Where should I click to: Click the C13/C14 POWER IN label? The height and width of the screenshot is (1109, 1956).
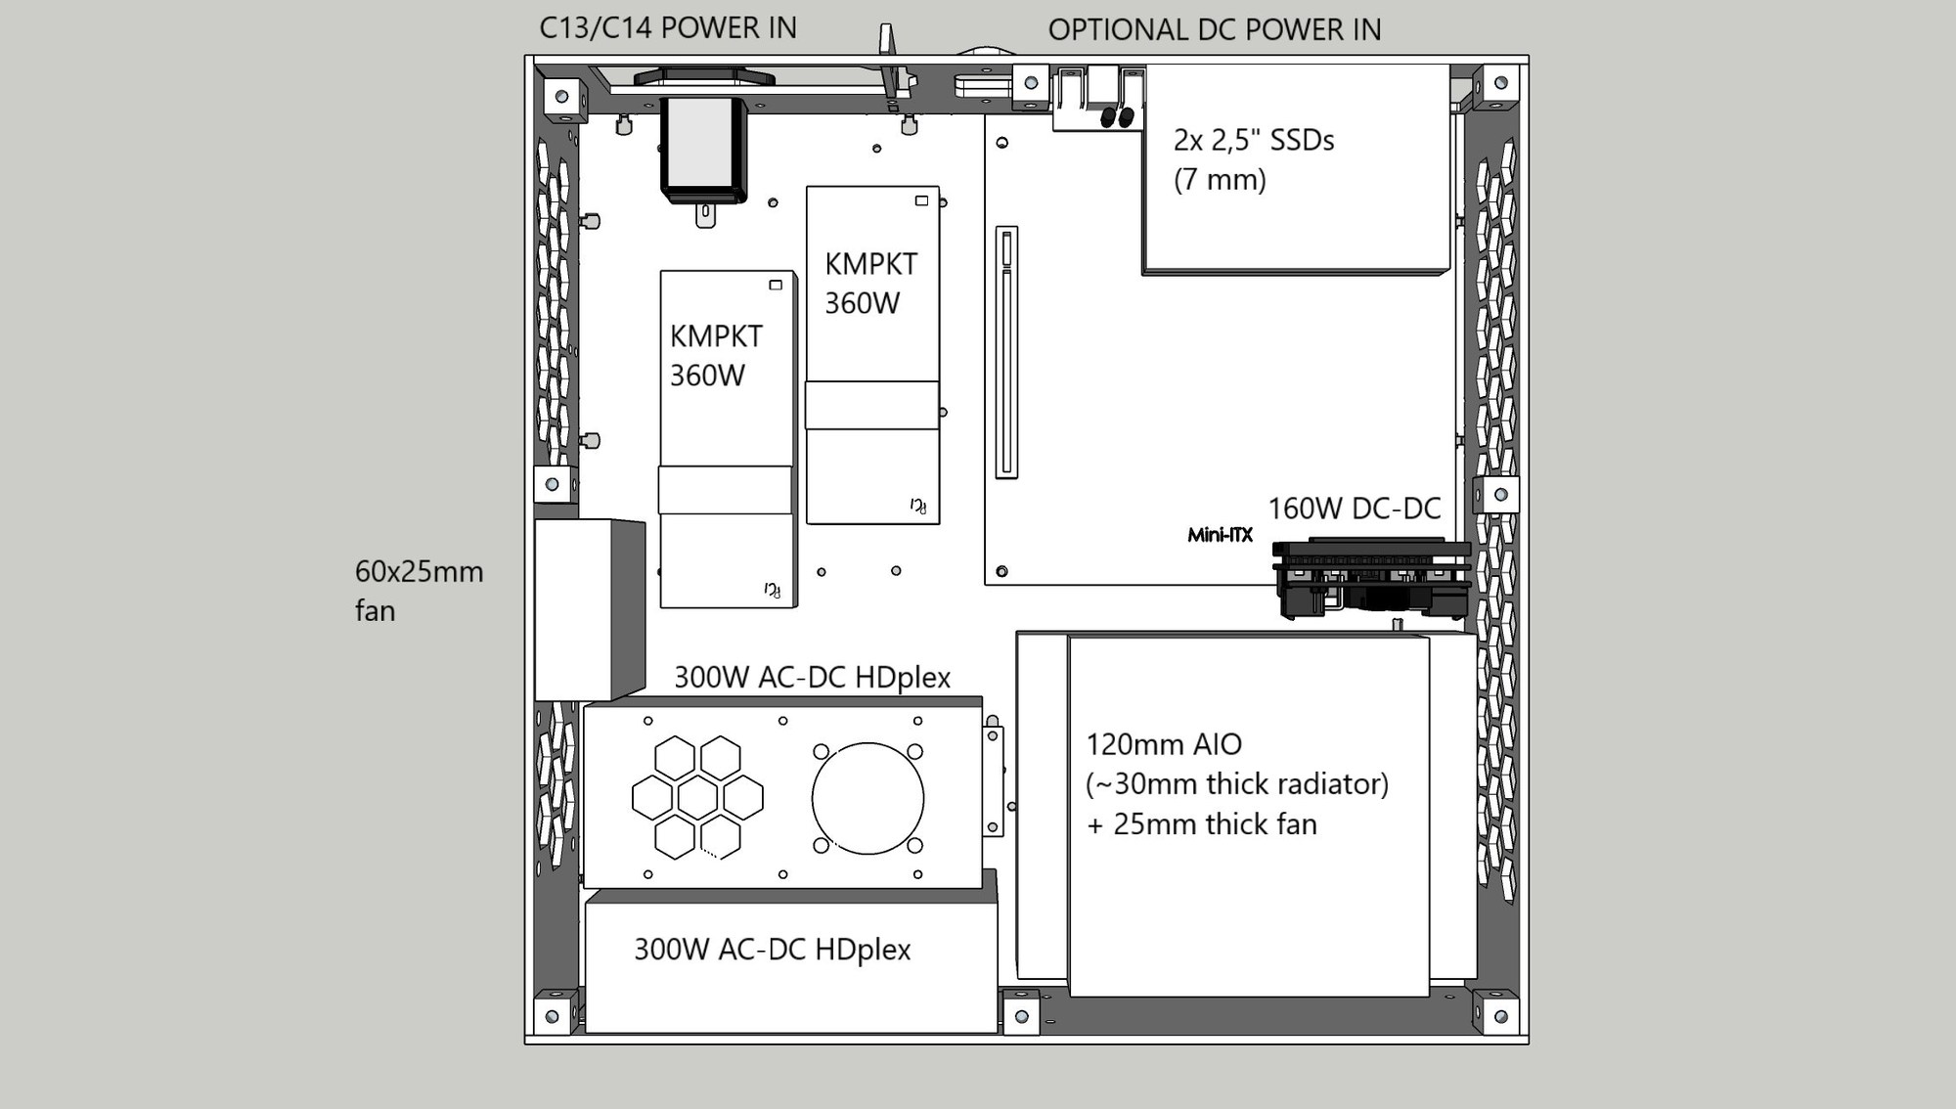[x=668, y=27]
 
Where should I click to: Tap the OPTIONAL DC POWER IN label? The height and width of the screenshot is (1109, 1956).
[x=1215, y=30]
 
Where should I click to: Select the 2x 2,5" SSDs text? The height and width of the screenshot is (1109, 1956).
[x=1254, y=140]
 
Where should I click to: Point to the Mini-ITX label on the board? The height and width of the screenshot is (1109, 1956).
[x=1220, y=535]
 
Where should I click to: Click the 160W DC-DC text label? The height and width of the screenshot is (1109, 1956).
[x=1355, y=509]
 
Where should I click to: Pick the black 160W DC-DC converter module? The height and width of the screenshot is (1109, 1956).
[x=1371, y=578]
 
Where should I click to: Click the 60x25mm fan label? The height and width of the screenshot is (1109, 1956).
[x=419, y=591]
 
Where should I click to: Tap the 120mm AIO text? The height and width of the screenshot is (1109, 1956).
[x=1164, y=744]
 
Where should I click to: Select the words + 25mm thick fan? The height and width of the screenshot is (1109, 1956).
[x=1202, y=824]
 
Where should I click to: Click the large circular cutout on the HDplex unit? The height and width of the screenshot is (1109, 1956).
[x=867, y=798]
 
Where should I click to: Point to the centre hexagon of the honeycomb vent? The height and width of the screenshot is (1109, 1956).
[x=697, y=798]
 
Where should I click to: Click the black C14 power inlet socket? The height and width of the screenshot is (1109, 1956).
[x=703, y=150]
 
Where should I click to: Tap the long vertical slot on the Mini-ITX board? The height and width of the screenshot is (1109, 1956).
[x=1006, y=352]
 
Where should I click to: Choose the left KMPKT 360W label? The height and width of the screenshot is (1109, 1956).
[x=716, y=356]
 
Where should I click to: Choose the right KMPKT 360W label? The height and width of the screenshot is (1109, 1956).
[x=870, y=284]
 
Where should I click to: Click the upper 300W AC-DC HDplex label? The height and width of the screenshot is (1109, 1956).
[x=812, y=677]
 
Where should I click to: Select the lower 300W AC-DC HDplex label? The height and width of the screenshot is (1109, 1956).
[x=773, y=949]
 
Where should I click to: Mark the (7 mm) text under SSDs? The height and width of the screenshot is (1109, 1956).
[x=1220, y=180]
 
